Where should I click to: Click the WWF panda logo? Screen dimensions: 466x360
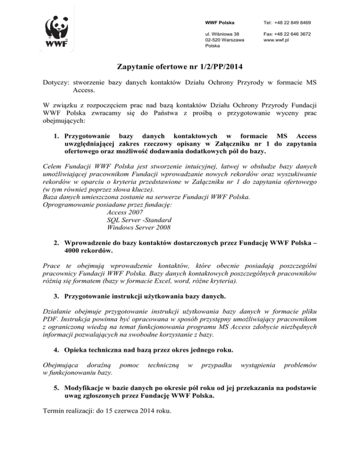click(58, 32)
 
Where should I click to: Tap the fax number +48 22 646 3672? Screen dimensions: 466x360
click(288, 34)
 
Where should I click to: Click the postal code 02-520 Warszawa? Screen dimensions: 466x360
click(225, 41)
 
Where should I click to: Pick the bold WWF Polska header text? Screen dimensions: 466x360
click(220, 23)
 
